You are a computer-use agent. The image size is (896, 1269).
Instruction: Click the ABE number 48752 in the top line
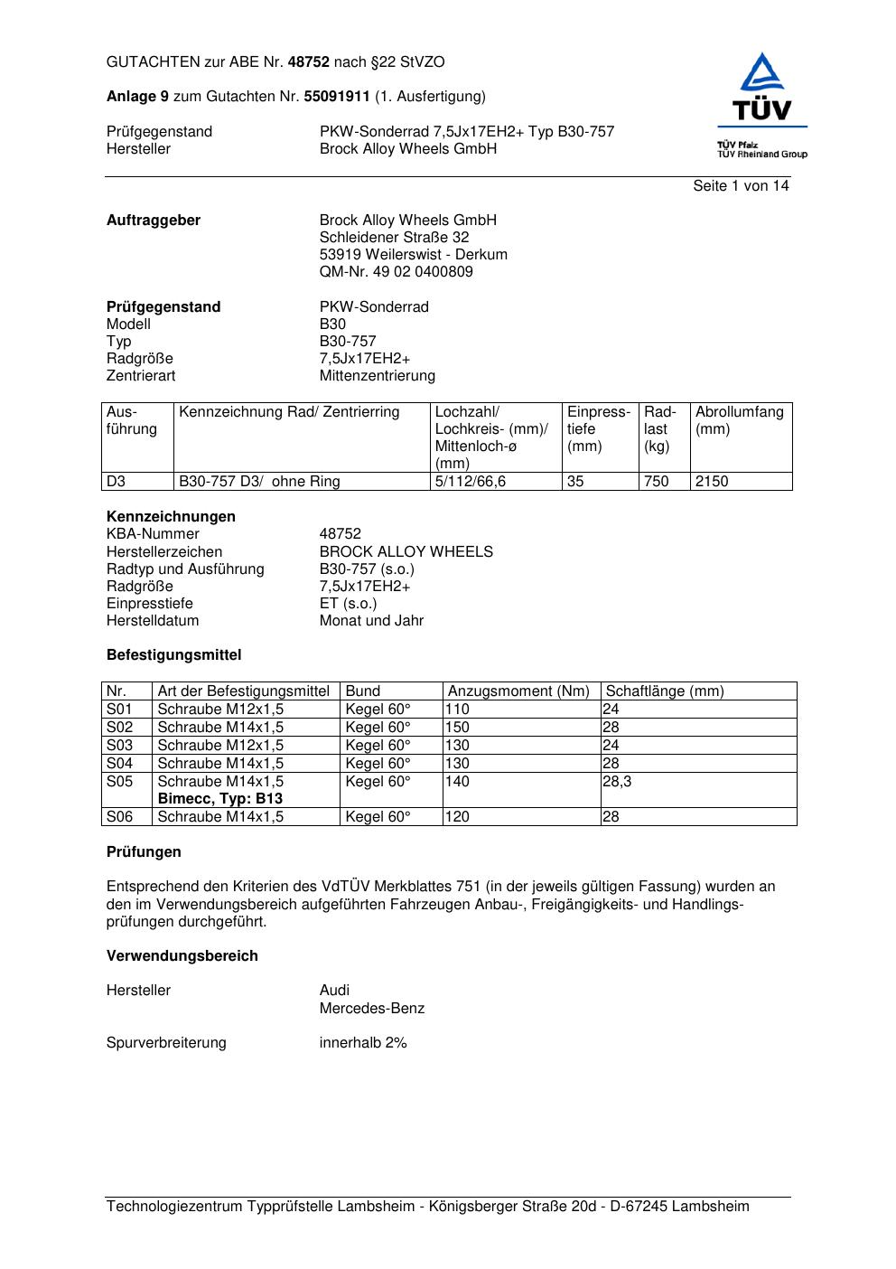(x=309, y=62)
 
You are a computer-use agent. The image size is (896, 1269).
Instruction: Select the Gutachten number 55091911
(x=337, y=97)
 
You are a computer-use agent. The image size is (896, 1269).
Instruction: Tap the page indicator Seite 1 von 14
(x=741, y=186)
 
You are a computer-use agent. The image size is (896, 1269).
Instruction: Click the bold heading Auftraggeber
(x=154, y=221)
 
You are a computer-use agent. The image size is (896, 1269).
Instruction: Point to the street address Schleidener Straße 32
(x=394, y=238)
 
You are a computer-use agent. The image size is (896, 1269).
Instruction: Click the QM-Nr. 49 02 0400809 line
(x=396, y=272)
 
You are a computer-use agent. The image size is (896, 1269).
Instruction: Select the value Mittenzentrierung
(x=377, y=376)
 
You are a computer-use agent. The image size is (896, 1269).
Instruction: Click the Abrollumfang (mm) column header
(x=739, y=420)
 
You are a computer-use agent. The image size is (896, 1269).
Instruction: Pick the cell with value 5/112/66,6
(x=470, y=482)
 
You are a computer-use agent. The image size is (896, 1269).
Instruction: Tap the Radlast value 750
(x=656, y=482)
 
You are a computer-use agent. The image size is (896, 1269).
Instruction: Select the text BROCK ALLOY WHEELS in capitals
(x=406, y=552)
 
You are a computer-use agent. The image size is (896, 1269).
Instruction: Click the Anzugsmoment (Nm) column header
(x=518, y=691)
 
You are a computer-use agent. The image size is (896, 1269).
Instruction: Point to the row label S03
(x=119, y=746)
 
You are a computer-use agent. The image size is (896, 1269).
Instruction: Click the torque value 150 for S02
(x=457, y=728)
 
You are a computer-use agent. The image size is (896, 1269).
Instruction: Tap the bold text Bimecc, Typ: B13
(x=219, y=799)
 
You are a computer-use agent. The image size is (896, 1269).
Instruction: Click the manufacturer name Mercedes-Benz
(x=371, y=1009)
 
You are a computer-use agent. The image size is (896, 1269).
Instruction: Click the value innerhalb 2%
(x=363, y=1043)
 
